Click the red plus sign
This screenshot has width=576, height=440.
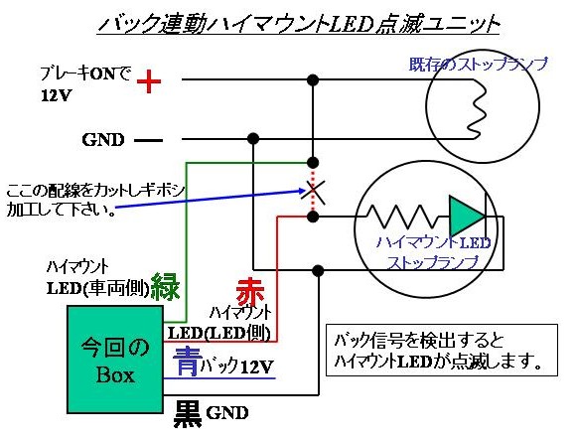(x=149, y=81)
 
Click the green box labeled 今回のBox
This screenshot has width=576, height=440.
(x=115, y=360)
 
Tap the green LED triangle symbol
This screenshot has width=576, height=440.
(x=467, y=216)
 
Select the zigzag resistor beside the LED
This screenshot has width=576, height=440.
(x=403, y=217)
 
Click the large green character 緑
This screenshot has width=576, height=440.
(x=166, y=286)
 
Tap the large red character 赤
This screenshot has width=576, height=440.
(x=250, y=292)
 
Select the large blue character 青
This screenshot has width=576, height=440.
(x=188, y=362)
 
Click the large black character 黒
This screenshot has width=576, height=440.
(x=188, y=414)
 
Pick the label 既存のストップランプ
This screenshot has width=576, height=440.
(x=479, y=65)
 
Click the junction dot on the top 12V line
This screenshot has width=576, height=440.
(x=313, y=79)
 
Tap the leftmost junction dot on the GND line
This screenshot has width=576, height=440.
(x=253, y=139)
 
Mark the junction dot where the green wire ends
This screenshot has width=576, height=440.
(x=313, y=162)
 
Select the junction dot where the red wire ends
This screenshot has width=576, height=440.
(x=313, y=217)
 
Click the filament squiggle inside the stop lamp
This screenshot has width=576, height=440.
(x=478, y=109)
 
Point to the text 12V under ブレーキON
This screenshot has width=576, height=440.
(x=56, y=95)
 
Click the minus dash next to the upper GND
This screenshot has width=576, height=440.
(x=148, y=140)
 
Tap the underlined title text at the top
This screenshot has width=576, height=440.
(x=298, y=24)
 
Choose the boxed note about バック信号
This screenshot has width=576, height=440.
(x=442, y=350)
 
